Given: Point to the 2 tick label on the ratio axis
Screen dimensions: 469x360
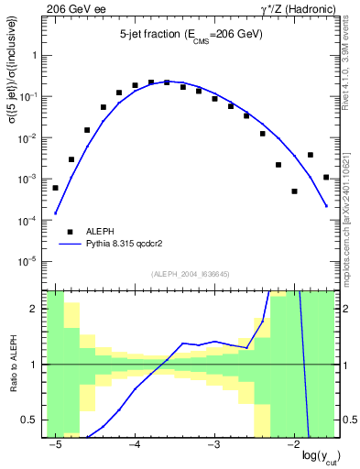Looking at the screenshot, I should (x=38, y=309).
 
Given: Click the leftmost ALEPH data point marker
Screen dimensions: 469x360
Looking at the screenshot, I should (x=56, y=188).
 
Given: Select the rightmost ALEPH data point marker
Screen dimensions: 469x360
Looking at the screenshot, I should (x=326, y=177).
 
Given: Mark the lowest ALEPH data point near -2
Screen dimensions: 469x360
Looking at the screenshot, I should (x=294, y=191).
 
